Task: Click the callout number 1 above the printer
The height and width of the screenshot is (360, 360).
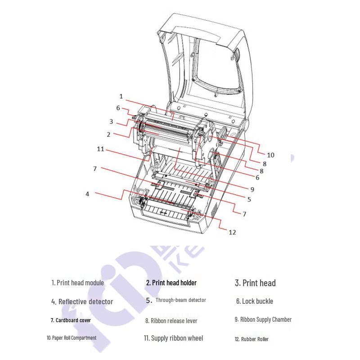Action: (x=121, y=96)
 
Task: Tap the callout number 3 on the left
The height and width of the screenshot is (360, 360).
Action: (x=111, y=121)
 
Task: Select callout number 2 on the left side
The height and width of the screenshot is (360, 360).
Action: (x=108, y=134)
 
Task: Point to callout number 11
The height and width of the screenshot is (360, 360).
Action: (x=100, y=149)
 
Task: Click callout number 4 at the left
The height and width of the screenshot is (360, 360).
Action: (x=87, y=194)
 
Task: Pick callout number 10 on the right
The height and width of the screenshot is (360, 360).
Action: (x=270, y=155)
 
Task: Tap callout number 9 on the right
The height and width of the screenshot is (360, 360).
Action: (x=252, y=189)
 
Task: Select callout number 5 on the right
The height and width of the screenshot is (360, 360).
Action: (x=249, y=199)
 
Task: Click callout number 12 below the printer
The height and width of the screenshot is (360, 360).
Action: (x=232, y=232)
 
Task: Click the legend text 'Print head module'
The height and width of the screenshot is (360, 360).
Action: (x=77, y=283)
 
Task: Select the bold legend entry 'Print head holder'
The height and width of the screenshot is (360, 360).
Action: (x=171, y=283)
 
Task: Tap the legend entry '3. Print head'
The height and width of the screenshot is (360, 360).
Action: (x=255, y=283)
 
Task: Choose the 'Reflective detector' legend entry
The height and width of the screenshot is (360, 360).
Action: (x=82, y=301)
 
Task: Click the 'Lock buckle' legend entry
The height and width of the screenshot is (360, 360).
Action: (x=255, y=301)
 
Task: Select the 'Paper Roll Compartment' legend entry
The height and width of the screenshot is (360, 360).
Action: (x=72, y=338)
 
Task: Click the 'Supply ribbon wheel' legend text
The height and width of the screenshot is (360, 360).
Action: (x=173, y=338)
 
